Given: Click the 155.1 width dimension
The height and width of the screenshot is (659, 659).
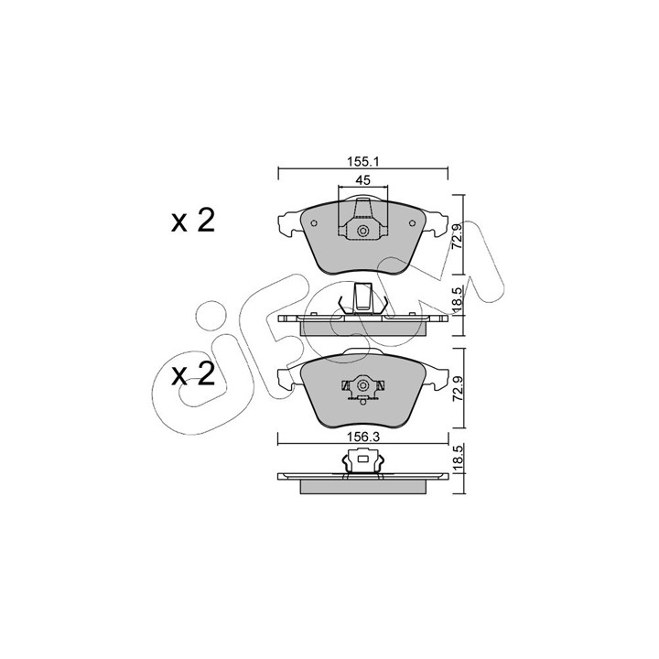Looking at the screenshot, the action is coord(363,161).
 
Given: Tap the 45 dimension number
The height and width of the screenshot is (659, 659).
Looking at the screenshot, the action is coord(363,180).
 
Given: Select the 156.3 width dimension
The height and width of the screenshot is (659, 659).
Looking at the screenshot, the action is coord(363,438).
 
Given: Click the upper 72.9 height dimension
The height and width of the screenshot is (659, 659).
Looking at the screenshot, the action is coord(458,236).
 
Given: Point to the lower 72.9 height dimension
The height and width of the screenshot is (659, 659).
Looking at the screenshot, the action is coord(458,387).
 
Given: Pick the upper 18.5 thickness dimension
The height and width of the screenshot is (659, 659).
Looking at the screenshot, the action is coord(458,299).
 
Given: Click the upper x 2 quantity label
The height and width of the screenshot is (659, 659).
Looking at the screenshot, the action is coord(193,221).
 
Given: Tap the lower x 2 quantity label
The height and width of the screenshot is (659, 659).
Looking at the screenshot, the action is coord(193,374).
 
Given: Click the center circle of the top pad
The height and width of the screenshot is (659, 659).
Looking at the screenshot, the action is coord(362,231).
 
